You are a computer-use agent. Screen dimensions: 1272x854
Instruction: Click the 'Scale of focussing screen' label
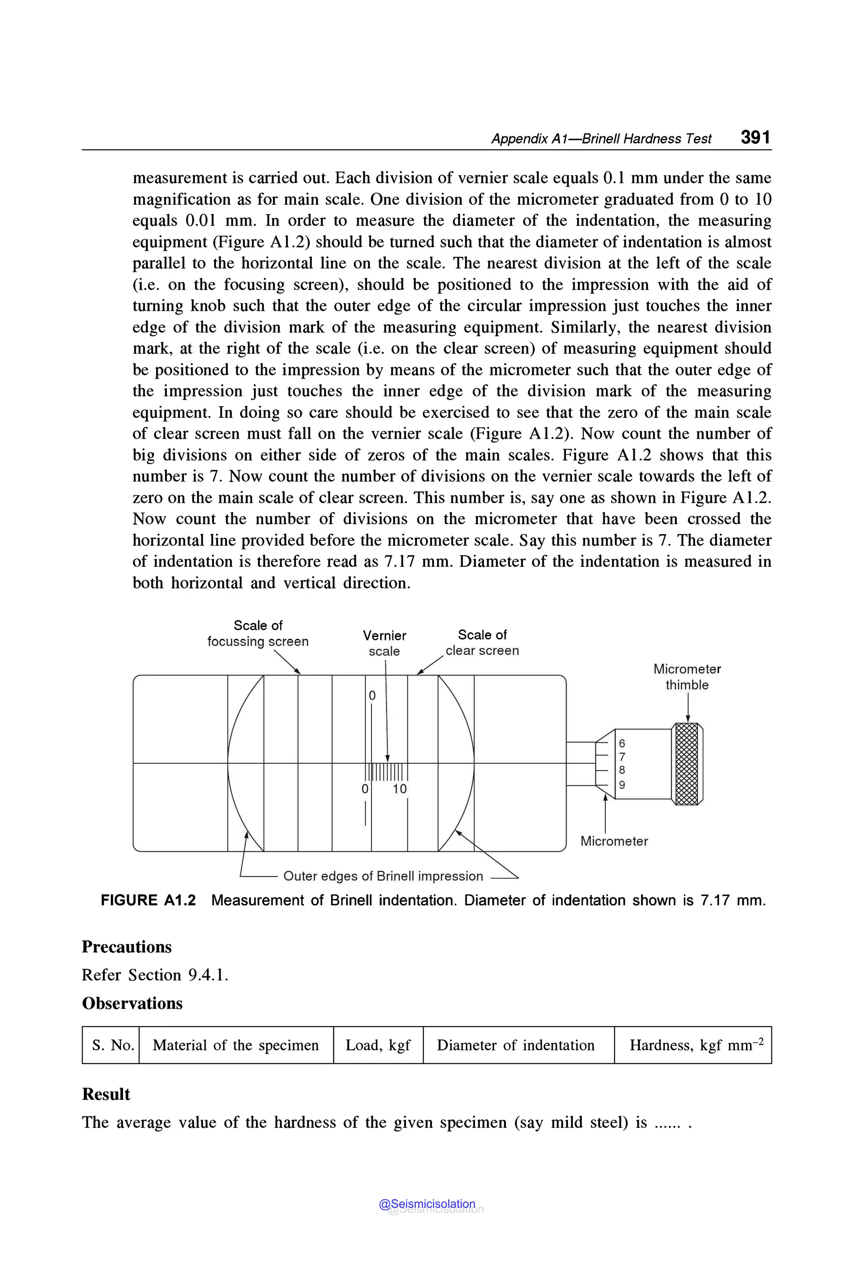tap(258, 633)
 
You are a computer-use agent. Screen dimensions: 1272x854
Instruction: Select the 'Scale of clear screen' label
tap(482, 642)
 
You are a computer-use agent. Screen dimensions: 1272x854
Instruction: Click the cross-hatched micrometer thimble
tap(686, 764)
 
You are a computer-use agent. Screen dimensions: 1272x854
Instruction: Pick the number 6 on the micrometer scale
tap(622, 743)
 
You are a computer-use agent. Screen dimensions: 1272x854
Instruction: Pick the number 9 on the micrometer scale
tap(622, 785)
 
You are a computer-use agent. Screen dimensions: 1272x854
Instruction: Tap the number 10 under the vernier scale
tap(400, 789)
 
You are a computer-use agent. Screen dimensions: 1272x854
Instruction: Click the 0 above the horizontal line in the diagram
tap(372, 696)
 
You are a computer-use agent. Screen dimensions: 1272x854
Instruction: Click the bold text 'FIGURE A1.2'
tap(148, 900)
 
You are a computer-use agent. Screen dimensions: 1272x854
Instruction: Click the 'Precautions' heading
tap(126, 947)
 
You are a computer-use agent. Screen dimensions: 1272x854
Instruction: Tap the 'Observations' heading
tap(132, 1003)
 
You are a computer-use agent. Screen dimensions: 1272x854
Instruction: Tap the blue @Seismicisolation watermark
tap(427, 1204)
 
